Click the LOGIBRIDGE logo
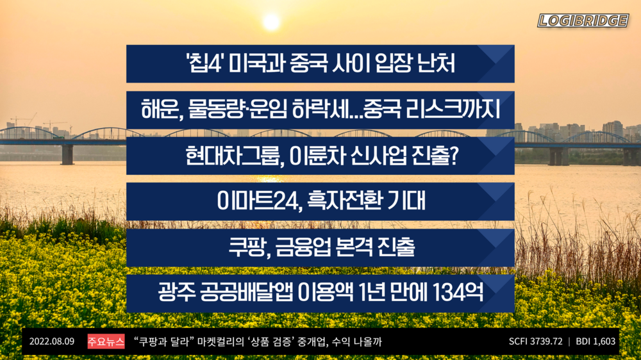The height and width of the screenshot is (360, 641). pyautogui.click(x=583, y=20)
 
